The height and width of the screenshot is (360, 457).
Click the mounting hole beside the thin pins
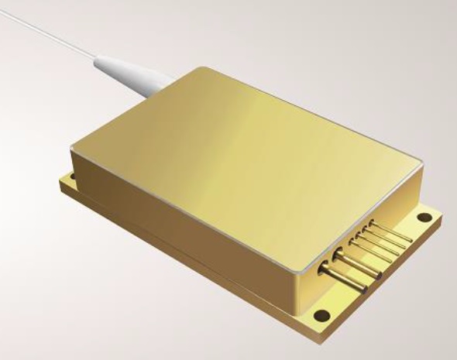click(x=422, y=218)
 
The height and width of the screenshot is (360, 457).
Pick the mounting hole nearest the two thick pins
click(x=320, y=315)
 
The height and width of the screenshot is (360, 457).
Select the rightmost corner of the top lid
click(x=421, y=164)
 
